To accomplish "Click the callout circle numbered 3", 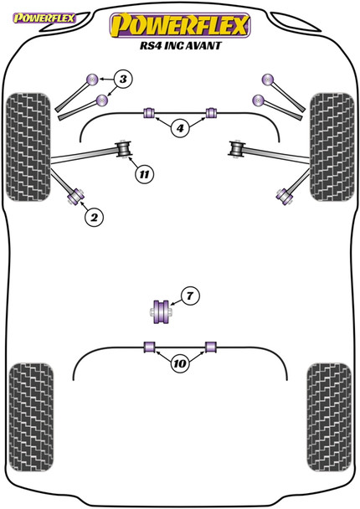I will click(x=123, y=80).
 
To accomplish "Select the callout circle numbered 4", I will click(x=180, y=128).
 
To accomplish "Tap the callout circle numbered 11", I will click(x=144, y=174).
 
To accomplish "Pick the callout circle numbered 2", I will click(x=94, y=218).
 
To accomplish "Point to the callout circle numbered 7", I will click(x=190, y=296).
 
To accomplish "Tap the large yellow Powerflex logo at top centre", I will click(x=180, y=23).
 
